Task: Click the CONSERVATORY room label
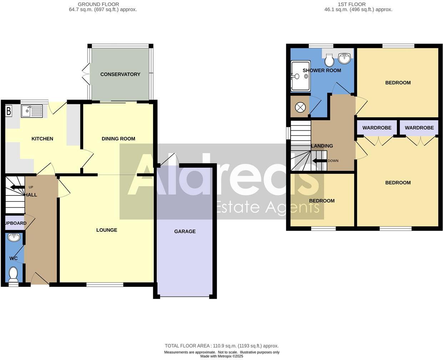120,74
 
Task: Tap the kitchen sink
32,111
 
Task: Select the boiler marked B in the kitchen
9,111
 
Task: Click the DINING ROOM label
118,139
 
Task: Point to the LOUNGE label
106,230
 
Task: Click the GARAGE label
185,231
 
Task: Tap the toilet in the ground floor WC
13,275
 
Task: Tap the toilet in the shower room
329,60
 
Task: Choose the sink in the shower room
344,57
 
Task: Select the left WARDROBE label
377,128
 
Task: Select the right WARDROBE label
419,128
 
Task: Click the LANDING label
322,146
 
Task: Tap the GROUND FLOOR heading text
98,4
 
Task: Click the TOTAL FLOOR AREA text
221,346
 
